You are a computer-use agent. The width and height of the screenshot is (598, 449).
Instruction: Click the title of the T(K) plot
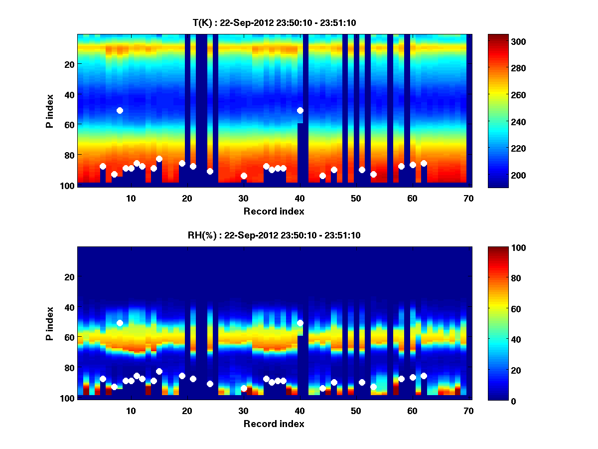(x=274, y=22)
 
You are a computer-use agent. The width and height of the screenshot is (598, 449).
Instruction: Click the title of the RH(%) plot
(x=274, y=235)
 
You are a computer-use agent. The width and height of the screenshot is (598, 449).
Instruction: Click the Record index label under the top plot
(x=274, y=211)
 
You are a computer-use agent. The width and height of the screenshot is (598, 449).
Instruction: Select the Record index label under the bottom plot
(x=274, y=424)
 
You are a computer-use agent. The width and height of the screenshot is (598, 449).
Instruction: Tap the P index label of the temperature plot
(x=50, y=110)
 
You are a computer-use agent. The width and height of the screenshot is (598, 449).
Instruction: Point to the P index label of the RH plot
(x=50, y=323)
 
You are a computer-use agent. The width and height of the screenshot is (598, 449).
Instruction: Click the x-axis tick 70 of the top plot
(x=468, y=198)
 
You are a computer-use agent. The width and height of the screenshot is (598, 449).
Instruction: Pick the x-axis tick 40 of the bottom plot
(x=299, y=411)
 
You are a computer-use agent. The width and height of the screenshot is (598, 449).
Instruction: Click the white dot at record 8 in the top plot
(x=120, y=110)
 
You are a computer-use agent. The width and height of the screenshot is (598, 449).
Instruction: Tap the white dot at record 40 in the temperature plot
(x=300, y=110)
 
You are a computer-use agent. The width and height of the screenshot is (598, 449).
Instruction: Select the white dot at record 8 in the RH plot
(x=120, y=323)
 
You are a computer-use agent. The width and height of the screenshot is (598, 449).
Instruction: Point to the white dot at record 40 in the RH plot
(x=300, y=323)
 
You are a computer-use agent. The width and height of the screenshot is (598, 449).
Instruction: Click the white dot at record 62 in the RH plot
(x=424, y=376)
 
